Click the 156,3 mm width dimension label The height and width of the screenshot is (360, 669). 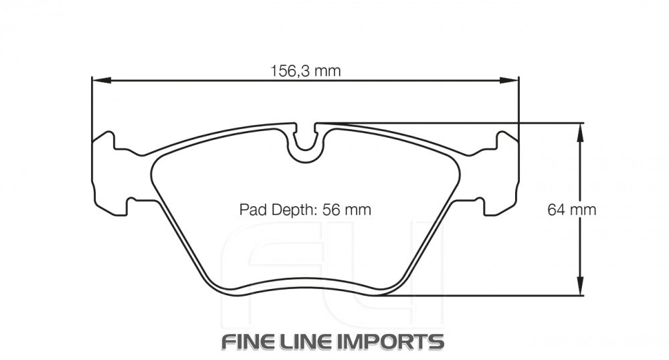tap(305, 70)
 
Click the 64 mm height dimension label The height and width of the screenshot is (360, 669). tap(571, 209)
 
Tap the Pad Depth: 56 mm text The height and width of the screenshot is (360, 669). tap(305, 209)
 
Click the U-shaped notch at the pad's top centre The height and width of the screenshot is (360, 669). tap(305, 141)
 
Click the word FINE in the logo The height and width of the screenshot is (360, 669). tap(246, 341)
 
